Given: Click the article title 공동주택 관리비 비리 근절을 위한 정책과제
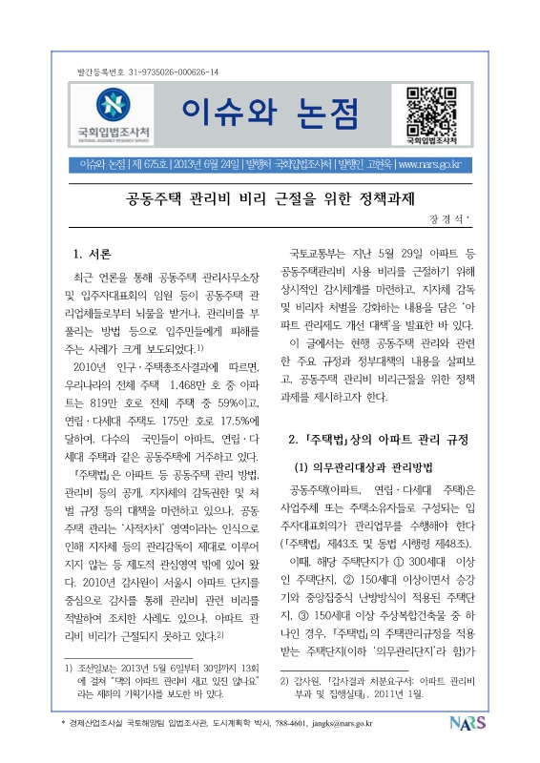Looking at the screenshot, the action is point(270,200).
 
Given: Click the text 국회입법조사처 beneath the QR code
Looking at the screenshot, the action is point(433,140).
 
